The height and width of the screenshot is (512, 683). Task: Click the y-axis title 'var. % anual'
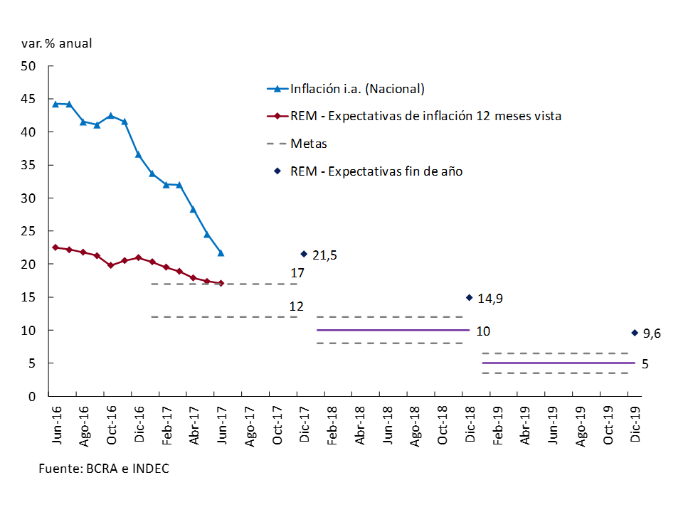57,43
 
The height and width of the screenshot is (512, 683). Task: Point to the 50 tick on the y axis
28,66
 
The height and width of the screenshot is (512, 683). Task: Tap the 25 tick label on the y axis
28,231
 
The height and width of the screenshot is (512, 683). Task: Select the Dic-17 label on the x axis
305,425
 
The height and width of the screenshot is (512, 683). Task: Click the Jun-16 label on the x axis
56,425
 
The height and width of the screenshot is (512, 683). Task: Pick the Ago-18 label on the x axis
415,425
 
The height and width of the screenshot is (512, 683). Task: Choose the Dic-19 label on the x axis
635,425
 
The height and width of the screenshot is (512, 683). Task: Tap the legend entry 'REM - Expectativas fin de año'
376,171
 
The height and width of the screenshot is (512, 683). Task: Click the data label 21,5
324,255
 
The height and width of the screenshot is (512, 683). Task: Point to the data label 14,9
490,299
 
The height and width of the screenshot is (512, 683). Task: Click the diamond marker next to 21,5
304,254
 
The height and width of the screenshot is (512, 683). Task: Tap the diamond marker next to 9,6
635,332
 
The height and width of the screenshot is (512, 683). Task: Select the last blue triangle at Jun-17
221,252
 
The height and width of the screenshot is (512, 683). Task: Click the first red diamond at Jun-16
55,247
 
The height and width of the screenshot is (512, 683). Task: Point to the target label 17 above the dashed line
297,273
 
